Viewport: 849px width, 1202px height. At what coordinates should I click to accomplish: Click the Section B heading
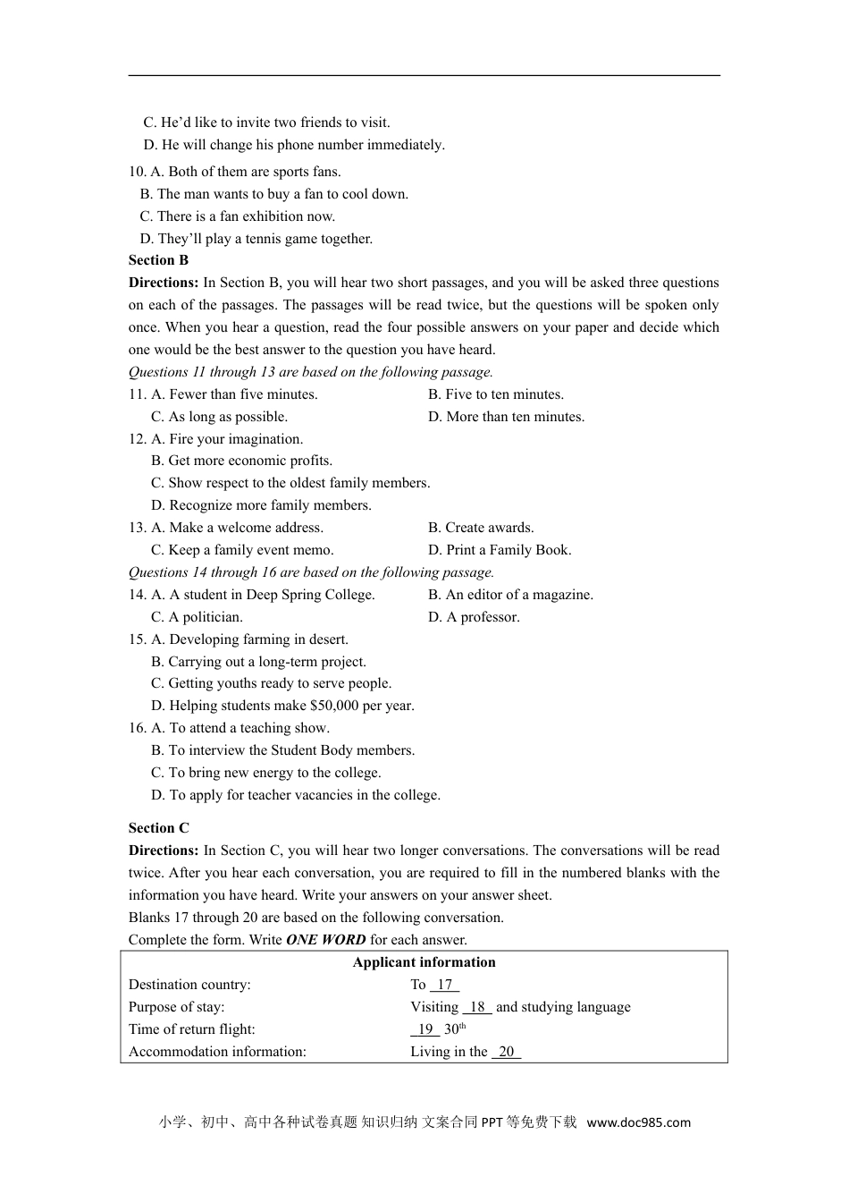tap(158, 260)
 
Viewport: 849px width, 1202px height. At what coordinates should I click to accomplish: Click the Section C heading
tap(158, 828)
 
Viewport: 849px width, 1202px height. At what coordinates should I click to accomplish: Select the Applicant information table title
tap(424, 962)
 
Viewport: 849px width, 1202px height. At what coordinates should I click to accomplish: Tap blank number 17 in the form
tap(444, 985)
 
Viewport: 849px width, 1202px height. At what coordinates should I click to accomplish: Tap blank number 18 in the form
tap(477, 1007)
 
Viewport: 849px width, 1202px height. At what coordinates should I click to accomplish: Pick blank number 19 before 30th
tap(425, 1029)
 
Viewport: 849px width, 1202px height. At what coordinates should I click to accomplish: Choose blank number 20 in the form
tap(506, 1052)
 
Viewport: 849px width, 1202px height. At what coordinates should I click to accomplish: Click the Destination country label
tap(189, 985)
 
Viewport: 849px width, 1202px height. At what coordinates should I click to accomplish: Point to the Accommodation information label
tap(217, 1052)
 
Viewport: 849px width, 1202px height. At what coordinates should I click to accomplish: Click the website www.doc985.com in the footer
tap(638, 1122)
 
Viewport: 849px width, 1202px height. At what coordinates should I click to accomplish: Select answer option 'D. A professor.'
tap(474, 617)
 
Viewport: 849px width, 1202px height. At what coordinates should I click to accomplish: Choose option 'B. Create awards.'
tap(481, 528)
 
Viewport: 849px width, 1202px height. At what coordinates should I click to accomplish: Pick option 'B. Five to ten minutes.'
tap(496, 394)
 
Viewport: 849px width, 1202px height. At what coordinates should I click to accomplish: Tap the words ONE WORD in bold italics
tap(325, 940)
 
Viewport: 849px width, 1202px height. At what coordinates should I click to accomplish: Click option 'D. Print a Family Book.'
tap(500, 550)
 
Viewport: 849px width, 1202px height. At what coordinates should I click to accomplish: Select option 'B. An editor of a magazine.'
tap(510, 595)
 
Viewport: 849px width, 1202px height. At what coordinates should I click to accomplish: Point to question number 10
tap(137, 172)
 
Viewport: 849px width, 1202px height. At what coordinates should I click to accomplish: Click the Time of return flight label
tap(191, 1029)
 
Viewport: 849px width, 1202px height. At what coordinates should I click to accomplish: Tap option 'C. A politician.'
tap(197, 617)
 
